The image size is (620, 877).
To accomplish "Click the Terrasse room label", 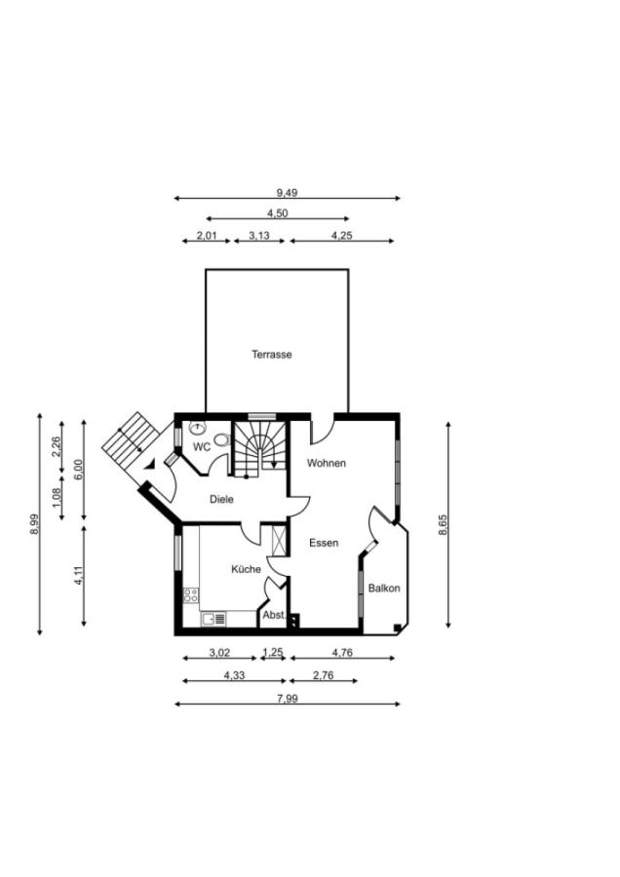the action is (271, 354).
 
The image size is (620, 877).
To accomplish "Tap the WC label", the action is (202, 447).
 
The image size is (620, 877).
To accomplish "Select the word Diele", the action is (221, 499).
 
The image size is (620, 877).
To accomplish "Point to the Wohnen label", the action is (327, 463).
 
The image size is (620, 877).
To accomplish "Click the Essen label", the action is (324, 543).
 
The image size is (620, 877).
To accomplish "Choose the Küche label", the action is (247, 569).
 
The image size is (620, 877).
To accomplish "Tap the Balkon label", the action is (384, 588).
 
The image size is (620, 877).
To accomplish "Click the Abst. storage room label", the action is (274, 615).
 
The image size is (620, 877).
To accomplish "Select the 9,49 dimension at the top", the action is (287, 193).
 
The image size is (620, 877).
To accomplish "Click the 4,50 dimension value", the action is (278, 213).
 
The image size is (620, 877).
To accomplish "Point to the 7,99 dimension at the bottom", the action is (287, 699).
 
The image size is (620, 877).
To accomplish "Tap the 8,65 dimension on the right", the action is (444, 525).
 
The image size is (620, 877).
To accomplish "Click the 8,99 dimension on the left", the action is (35, 524).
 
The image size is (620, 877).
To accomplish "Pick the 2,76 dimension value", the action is (323, 675).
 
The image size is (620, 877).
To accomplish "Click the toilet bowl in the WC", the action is (222, 440).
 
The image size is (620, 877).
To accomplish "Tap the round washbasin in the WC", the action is (197, 429).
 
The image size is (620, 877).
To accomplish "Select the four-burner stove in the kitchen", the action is (191, 595).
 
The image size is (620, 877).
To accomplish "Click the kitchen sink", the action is (213, 619).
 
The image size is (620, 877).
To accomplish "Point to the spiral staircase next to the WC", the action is (259, 448).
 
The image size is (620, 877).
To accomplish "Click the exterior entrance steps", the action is (131, 439).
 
